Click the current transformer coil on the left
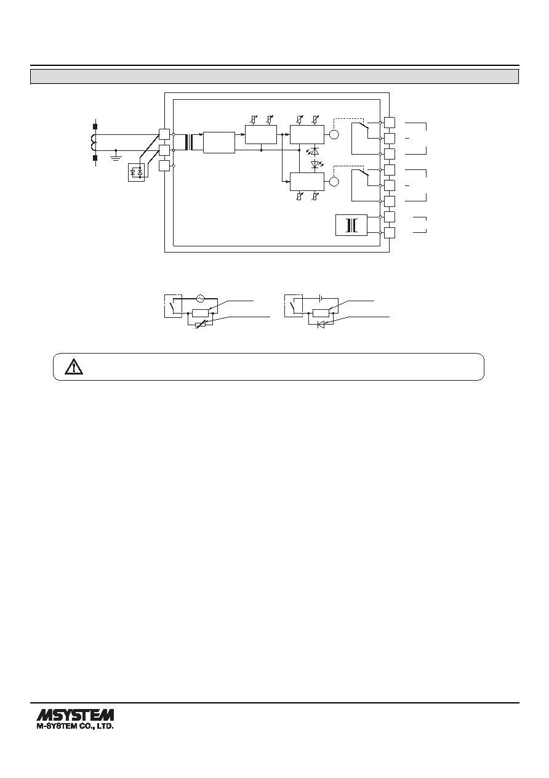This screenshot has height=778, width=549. pyautogui.click(x=94, y=142)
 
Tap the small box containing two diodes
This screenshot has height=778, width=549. pyautogui.click(x=137, y=172)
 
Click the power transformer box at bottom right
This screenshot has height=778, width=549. pyautogui.click(x=351, y=225)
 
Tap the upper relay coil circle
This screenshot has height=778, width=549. pyautogui.click(x=334, y=134)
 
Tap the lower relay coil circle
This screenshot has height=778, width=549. pyautogui.click(x=334, y=182)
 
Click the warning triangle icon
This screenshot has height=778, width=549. pyautogui.click(x=74, y=367)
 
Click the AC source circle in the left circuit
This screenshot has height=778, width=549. pyautogui.click(x=200, y=298)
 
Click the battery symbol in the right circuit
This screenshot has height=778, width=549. pyautogui.click(x=320, y=298)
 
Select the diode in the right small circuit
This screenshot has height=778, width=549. pyautogui.click(x=321, y=325)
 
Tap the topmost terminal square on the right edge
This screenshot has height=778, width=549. pyautogui.click(x=390, y=123)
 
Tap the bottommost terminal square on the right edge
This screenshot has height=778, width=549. pyautogui.click(x=390, y=233)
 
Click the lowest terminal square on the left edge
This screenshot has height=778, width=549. pyautogui.click(x=164, y=166)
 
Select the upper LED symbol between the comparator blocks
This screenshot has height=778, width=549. pyautogui.click(x=314, y=152)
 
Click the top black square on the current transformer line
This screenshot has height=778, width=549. pyautogui.click(x=95, y=126)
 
